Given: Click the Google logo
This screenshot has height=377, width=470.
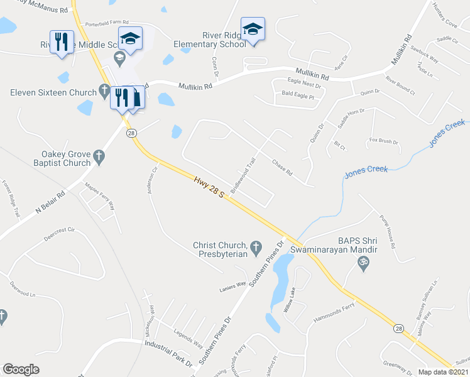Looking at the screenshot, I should (21, 369).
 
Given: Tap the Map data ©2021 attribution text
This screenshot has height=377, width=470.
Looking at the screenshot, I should (442, 372).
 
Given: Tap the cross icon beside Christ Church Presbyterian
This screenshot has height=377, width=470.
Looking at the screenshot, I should (256, 249).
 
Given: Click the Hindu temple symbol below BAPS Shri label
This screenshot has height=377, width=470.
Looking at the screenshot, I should (363, 266).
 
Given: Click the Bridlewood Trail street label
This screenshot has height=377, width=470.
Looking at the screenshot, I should (243, 175).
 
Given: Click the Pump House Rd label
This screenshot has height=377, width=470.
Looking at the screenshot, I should (386, 233).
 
